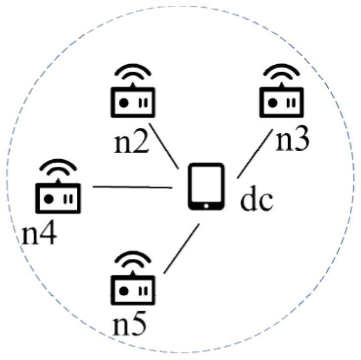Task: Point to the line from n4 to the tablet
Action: click(x=132, y=187)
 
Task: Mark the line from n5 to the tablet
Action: click(x=181, y=248)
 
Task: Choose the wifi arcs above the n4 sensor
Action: click(x=58, y=168)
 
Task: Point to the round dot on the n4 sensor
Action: click(x=48, y=198)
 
